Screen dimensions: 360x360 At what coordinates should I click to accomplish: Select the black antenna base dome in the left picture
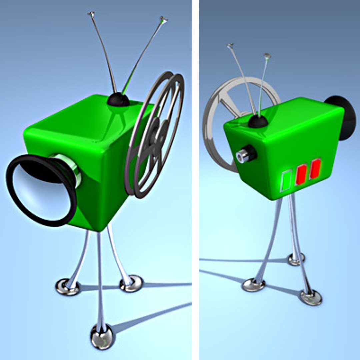click(x=118, y=99)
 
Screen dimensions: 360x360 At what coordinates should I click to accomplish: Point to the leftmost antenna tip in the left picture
click(x=91, y=14)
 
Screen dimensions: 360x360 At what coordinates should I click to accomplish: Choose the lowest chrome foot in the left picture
click(x=102, y=337)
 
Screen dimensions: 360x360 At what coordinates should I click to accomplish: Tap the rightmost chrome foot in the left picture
click(x=131, y=283)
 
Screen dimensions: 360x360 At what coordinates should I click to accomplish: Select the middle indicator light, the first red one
click(x=301, y=175)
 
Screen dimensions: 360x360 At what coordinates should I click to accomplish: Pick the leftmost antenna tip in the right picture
click(x=230, y=45)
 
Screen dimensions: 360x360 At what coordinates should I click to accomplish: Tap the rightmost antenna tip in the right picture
click(x=267, y=55)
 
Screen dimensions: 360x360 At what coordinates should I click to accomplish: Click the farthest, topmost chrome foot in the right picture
click(x=296, y=259)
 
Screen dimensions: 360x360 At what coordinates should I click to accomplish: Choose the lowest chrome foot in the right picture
click(x=311, y=297)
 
